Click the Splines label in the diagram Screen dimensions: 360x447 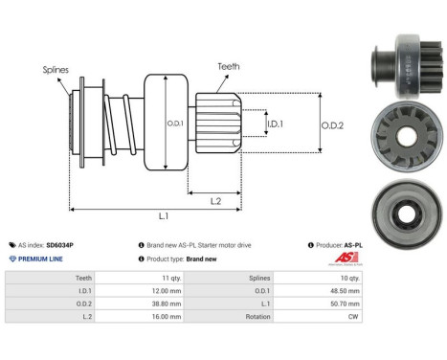tap(55, 70)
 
